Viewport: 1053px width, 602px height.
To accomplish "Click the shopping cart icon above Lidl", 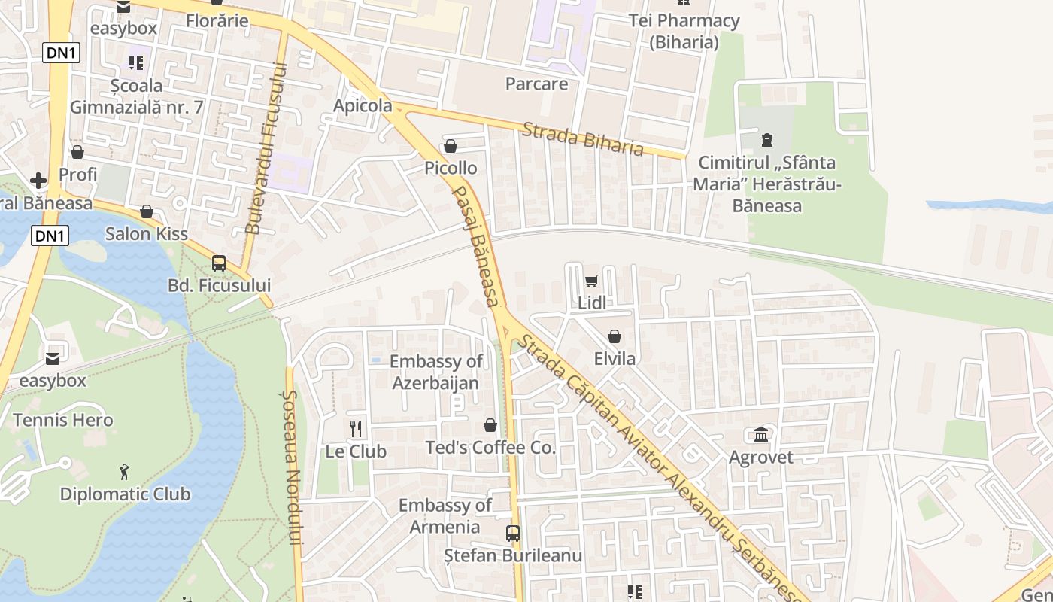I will coord(591,281).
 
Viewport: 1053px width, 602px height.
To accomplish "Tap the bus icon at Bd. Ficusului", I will coord(219,263).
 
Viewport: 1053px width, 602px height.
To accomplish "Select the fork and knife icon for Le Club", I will coord(357,429).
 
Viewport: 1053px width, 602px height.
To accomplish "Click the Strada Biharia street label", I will coord(583,138).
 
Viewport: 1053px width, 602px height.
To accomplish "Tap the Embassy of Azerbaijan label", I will coord(435,372).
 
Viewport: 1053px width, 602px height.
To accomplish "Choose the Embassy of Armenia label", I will coord(445,515).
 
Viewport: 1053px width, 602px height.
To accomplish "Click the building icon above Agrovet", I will coord(760,435).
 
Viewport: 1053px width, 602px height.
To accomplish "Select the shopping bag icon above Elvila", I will coord(615,336).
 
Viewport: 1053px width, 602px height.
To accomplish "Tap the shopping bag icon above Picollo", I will coord(451,146).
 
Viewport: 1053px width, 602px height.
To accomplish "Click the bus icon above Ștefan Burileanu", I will coord(513,534).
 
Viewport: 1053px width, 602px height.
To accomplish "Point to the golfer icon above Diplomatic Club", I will coord(125,472).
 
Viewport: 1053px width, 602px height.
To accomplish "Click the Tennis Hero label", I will coord(63,420).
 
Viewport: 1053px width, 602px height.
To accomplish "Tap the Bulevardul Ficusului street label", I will coord(266,147).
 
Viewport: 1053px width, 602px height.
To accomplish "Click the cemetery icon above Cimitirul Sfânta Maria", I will coord(766,140).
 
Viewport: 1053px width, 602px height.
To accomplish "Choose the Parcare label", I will coord(536,84).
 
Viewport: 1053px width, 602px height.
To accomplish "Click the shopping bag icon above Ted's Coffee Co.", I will coord(490,426).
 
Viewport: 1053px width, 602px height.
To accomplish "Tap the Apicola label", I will coord(363,105).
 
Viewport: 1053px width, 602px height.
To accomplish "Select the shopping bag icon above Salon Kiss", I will coord(147,211).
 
